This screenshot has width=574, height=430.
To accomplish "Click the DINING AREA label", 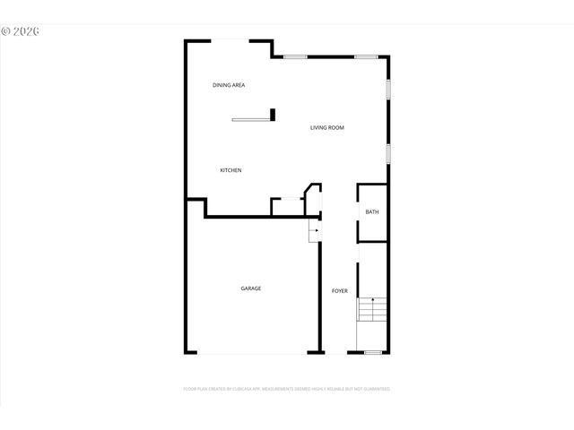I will click(229, 85).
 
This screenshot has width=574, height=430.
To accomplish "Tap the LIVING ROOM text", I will click(327, 128).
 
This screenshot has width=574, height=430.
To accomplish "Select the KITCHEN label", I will click(231, 170).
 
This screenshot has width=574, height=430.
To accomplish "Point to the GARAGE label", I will click(251, 288).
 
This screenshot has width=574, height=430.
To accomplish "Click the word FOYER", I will click(340, 291).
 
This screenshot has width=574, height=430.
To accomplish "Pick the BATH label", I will click(372, 212).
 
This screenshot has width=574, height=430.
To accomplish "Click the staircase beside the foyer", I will click(372, 310).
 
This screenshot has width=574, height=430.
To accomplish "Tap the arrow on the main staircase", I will click(372, 300).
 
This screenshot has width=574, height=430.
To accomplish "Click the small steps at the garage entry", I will click(315, 232).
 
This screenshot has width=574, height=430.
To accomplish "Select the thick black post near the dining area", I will click(272, 114).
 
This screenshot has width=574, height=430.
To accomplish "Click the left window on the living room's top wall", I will click(296, 57).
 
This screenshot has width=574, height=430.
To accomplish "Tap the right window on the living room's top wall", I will click(365, 57).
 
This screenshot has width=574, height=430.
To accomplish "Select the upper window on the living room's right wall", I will click(388, 90).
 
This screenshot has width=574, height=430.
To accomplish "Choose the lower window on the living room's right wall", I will click(388, 152).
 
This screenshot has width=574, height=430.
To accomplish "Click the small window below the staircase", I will click(373, 352).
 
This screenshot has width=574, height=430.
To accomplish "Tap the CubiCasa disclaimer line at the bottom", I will click(287, 389).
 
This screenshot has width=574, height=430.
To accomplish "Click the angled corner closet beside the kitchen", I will click(312, 198).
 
